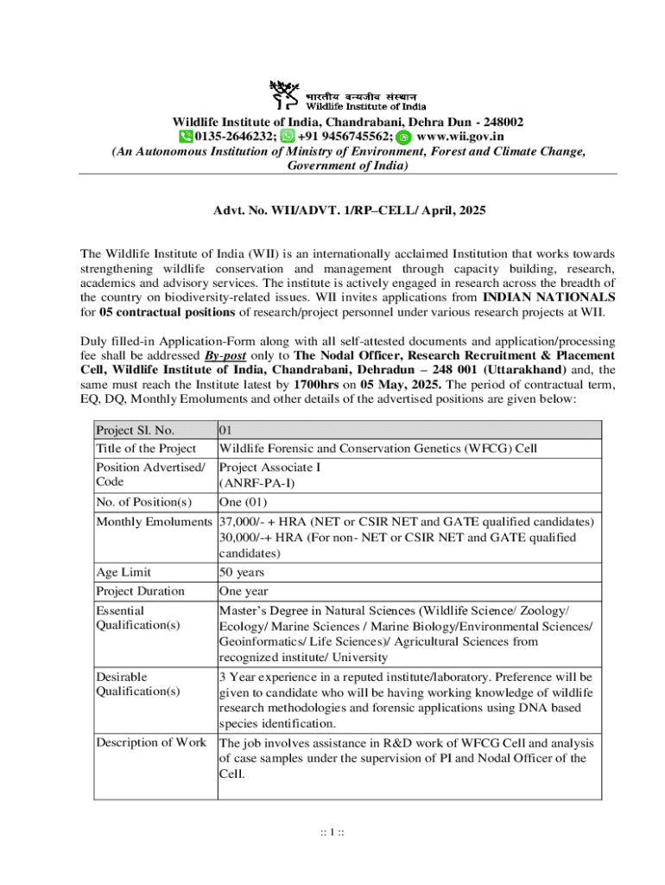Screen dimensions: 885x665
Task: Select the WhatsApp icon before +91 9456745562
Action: pos(288,137)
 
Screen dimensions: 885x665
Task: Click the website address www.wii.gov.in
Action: pos(459,137)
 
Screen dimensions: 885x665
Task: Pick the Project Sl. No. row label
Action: pos(136,430)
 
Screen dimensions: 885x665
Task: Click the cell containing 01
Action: pos(226,430)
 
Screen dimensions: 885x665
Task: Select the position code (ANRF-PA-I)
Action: pos(256,482)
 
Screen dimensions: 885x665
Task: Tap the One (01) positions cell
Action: pos(243,502)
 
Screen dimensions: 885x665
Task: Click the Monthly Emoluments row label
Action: pos(154,522)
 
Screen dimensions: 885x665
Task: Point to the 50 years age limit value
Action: pos(242,572)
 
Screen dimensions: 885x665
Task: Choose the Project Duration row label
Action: pos(140,591)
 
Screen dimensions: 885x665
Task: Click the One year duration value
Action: pos(244,591)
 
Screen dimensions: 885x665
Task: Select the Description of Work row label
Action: pos(151,742)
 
